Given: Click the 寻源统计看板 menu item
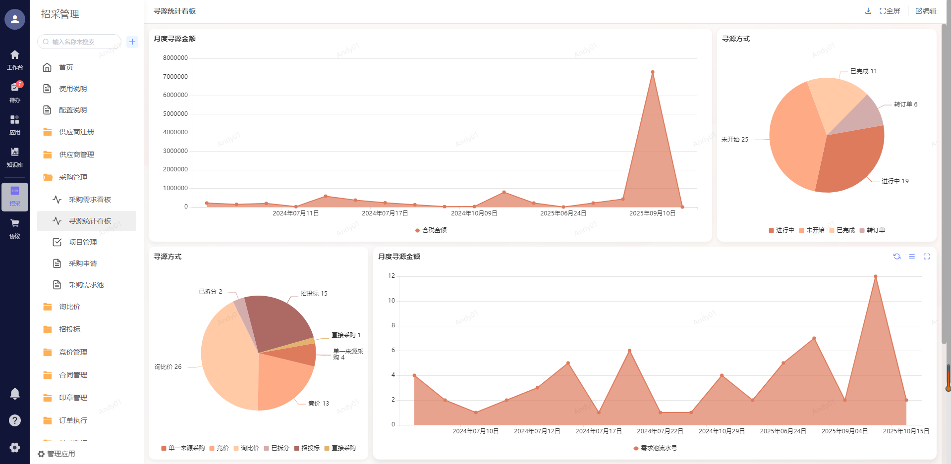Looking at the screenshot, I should (90, 221).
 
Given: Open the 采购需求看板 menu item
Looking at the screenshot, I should (90, 200).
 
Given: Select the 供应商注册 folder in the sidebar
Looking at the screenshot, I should (76, 132).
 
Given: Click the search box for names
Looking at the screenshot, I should (79, 42).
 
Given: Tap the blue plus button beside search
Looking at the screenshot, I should (132, 42).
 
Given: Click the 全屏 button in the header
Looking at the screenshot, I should (890, 11).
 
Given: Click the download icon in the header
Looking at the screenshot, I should (868, 11).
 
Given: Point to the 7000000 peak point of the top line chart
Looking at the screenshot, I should (653, 72).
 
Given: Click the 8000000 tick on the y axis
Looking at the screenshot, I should (175, 58).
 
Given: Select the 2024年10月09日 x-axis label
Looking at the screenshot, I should (474, 213).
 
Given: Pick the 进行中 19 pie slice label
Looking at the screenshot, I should (895, 181).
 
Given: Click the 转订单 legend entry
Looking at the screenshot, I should (873, 230).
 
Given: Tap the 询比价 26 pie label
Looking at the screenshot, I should (168, 367).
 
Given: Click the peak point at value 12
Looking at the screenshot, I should (876, 276).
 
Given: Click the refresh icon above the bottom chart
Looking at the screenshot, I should (897, 257).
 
